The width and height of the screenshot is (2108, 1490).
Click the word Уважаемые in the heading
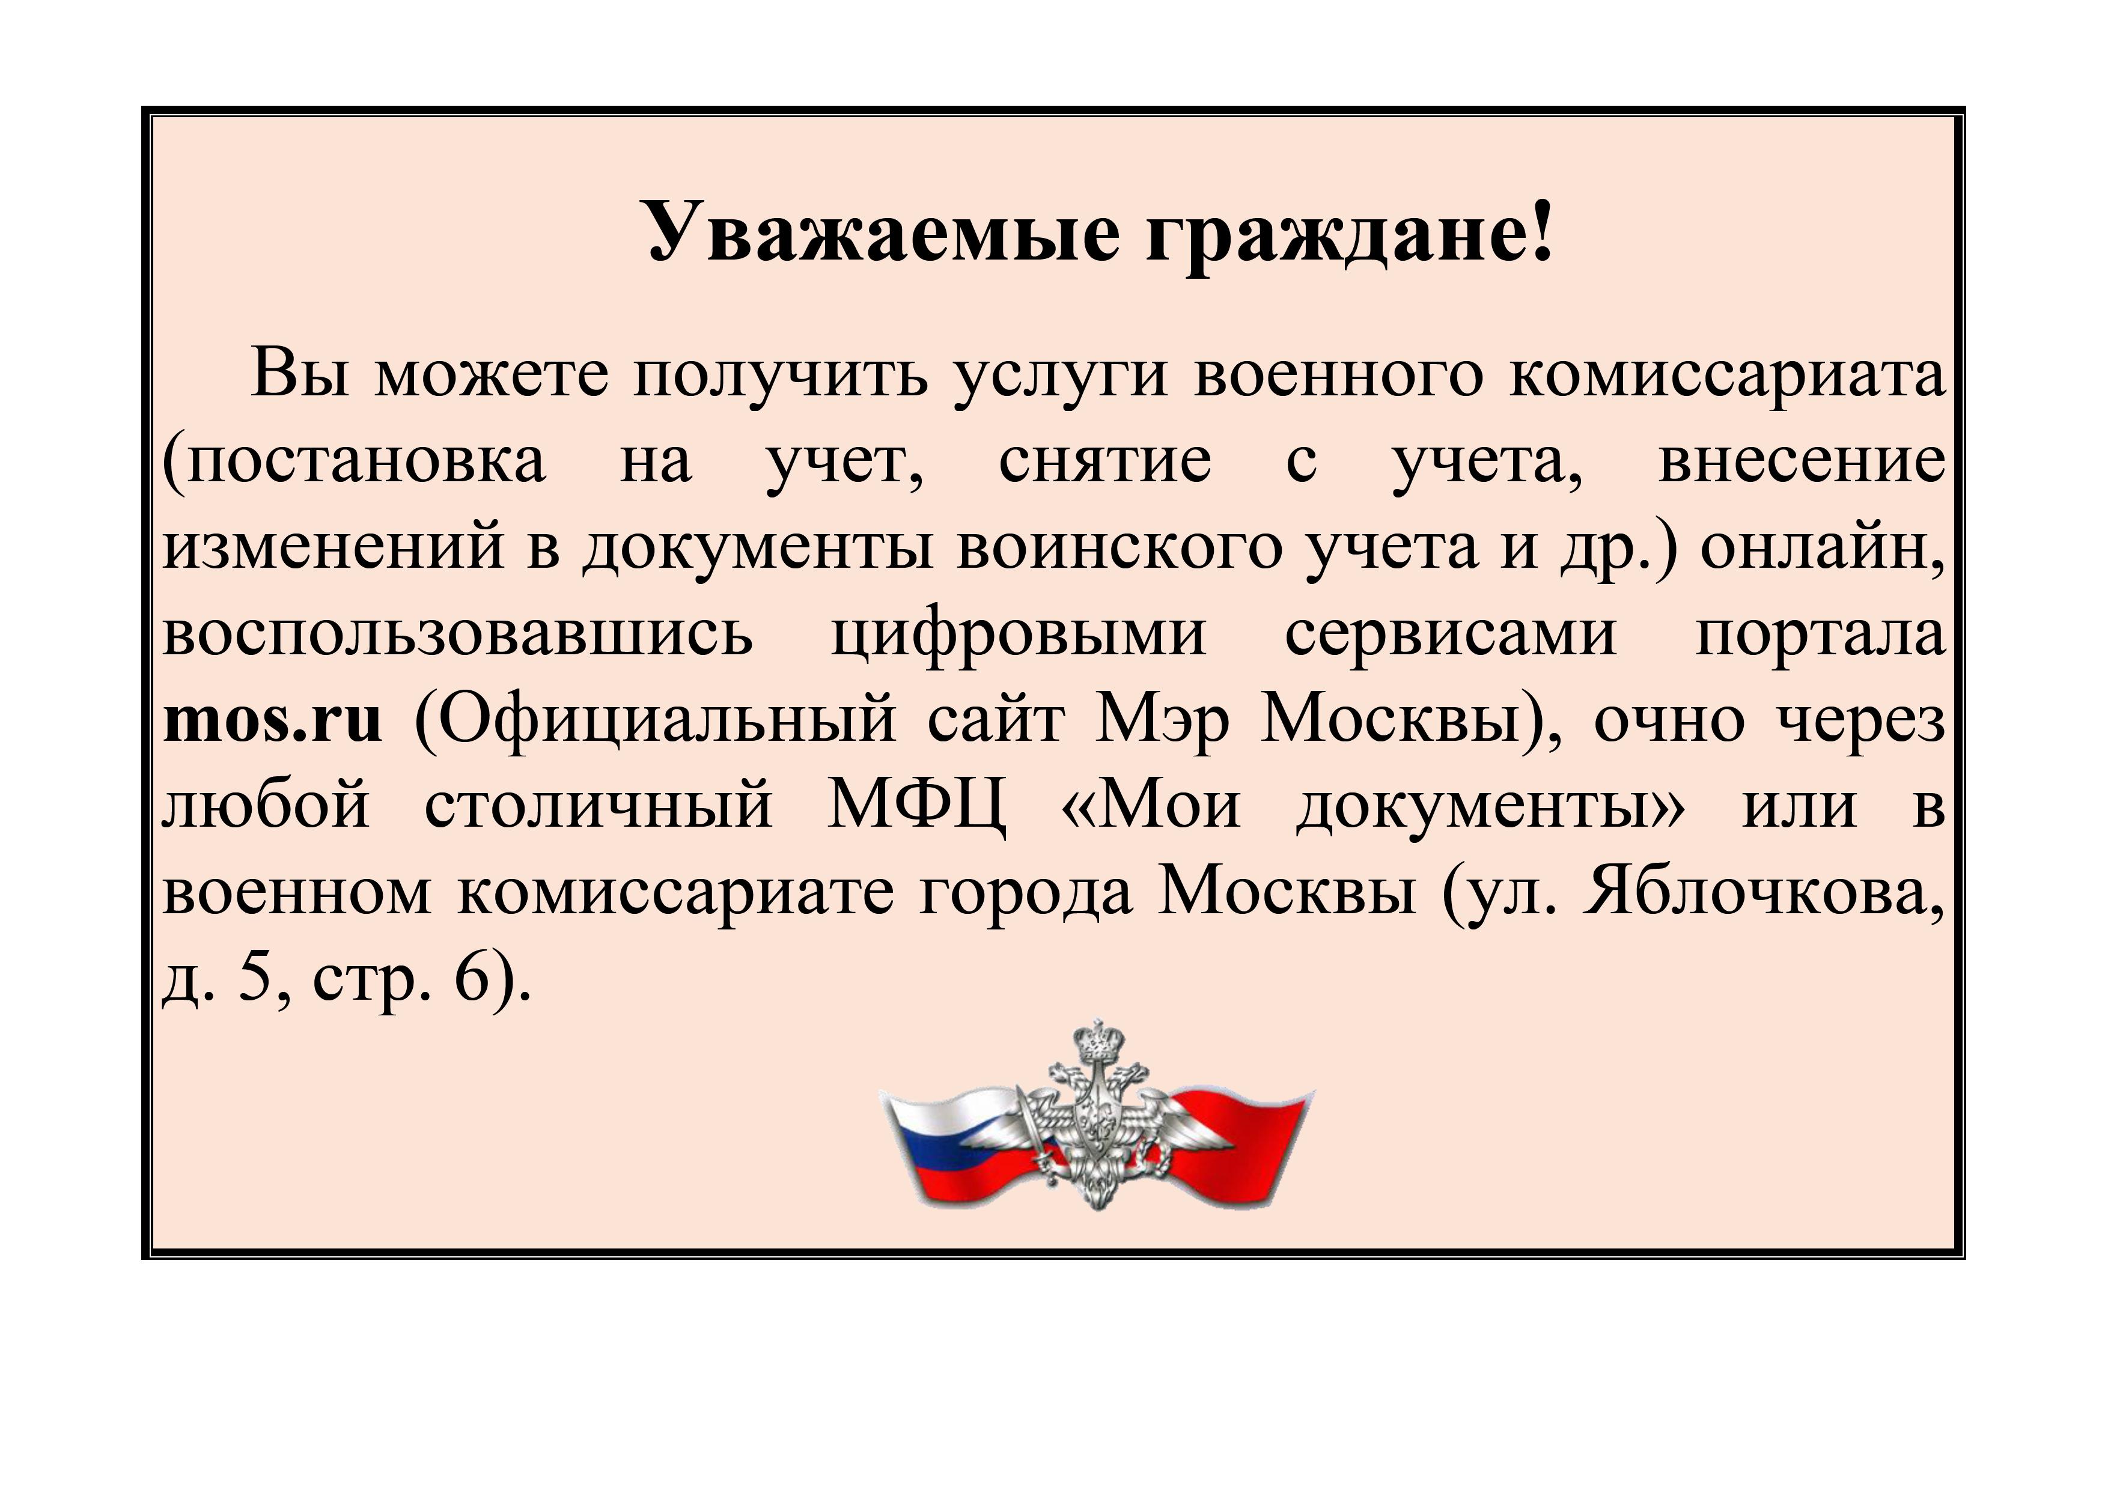(x=884, y=231)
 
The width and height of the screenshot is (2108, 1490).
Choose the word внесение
(x=1802, y=461)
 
